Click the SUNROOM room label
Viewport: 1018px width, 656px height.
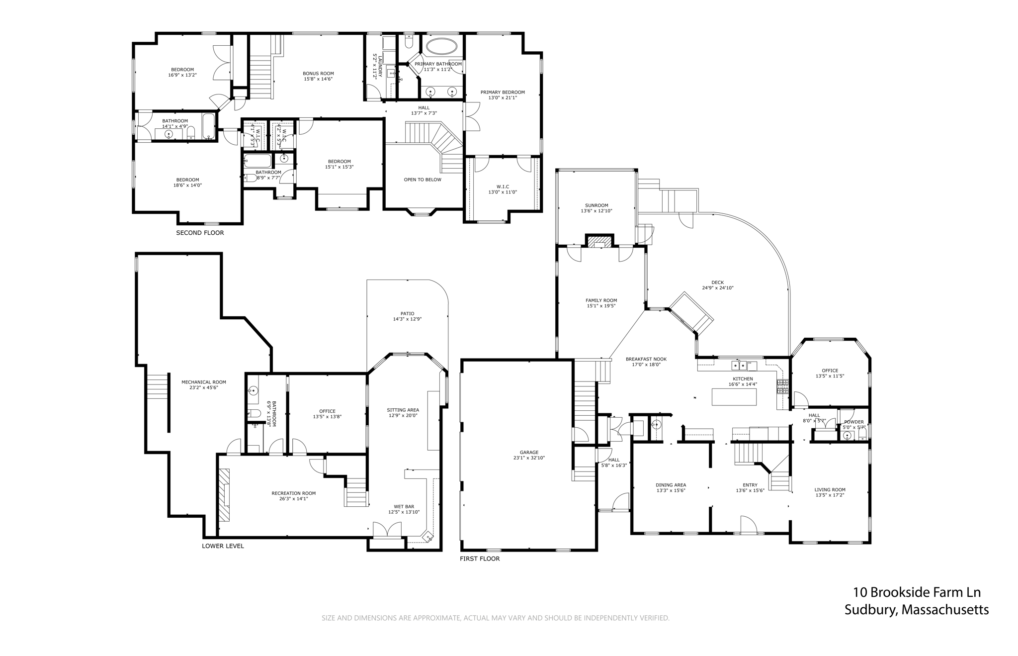[596, 205]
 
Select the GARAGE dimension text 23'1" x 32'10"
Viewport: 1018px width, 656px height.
[529, 458]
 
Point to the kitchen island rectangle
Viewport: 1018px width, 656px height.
[734, 397]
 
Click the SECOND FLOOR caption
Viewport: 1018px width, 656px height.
[200, 233]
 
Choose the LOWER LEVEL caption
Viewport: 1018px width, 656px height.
[223, 546]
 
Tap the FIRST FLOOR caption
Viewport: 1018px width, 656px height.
[480, 559]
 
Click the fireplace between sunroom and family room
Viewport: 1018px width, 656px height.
[599, 241]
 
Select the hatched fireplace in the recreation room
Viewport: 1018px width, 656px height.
[225, 495]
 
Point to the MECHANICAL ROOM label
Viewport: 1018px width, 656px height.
[203, 382]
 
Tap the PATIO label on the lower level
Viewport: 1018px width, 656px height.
[407, 314]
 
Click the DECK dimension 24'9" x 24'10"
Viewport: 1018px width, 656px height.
[717, 288]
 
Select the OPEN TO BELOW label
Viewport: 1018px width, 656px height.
[423, 180]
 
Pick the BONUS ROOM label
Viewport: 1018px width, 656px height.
[318, 74]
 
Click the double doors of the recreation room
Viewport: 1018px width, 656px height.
[387, 530]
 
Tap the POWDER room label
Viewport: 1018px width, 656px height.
[853, 422]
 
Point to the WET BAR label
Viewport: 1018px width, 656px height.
[404, 507]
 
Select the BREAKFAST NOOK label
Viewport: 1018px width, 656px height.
[646, 359]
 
